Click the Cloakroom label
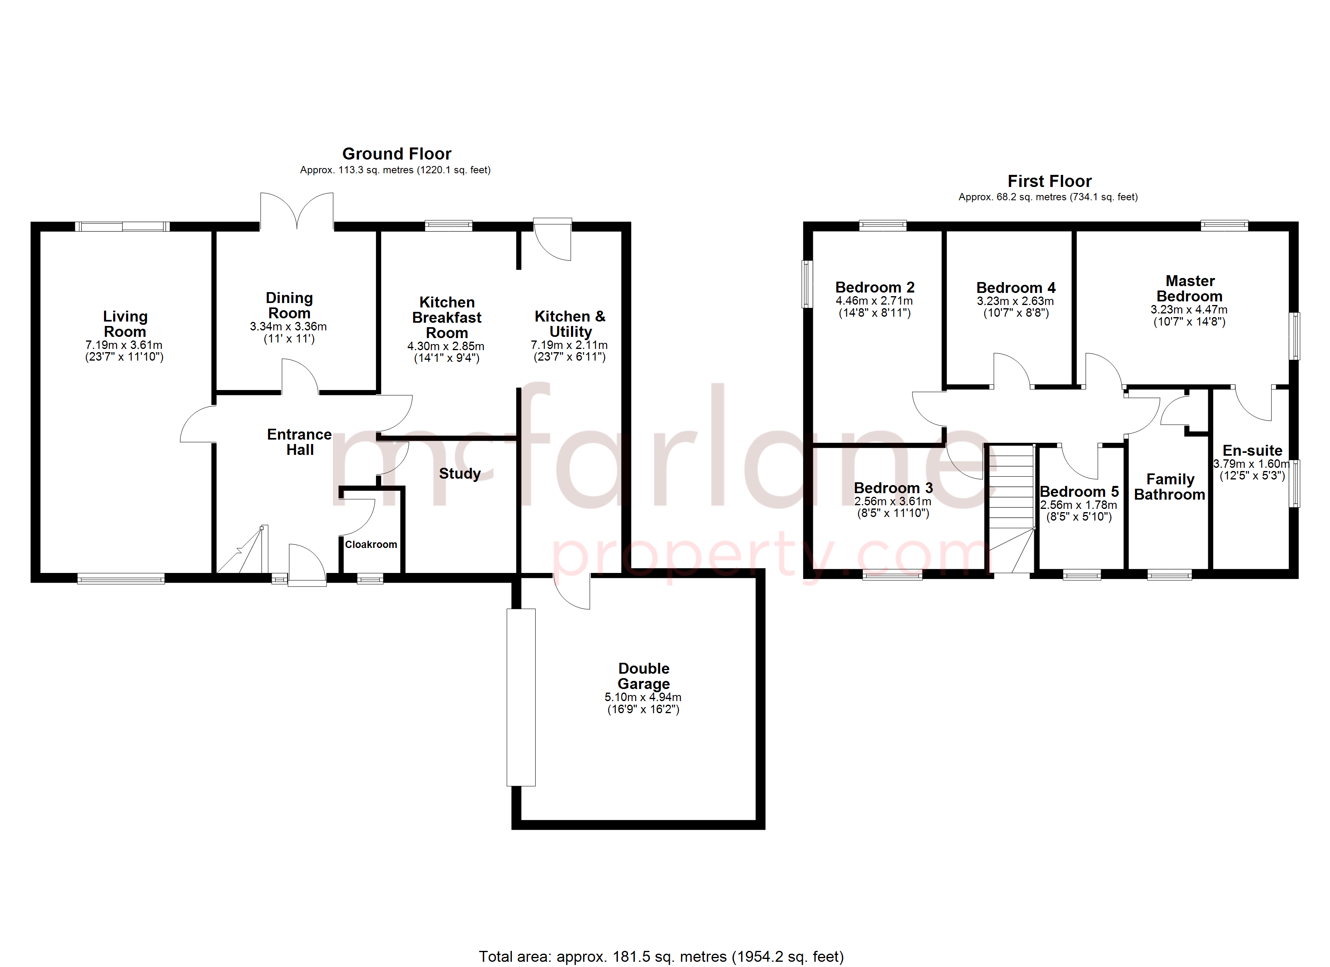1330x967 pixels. pyautogui.click(x=371, y=545)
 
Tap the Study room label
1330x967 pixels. pyautogui.click(x=460, y=473)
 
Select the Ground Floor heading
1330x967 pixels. pyautogui.click(x=397, y=154)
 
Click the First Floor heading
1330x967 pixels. pyautogui.click(x=1049, y=181)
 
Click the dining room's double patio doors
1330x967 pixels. pyautogui.click(x=297, y=211)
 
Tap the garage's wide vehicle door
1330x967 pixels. pyautogui.click(x=521, y=697)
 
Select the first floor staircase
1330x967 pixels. pyautogui.click(x=1011, y=508)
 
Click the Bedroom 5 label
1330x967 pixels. pyautogui.click(x=1079, y=492)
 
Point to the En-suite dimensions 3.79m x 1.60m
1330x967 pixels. pyautogui.click(x=1251, y=464)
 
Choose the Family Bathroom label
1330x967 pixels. pyautogui.click(x=1169, y=487)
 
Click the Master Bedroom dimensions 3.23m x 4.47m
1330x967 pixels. pyautogui.click(x=1189, y=309)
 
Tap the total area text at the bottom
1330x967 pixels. pyautogui.click(x=661, y=957)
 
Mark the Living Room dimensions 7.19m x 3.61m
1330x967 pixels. pyautogui.click(x=124, y=345)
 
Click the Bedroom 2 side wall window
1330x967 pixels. pyautogui.click(x=808, y=284)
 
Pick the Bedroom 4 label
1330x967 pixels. pyautogui.click(x=1016, y=288)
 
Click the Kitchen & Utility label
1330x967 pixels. pyautogui.click(x=570, y=324)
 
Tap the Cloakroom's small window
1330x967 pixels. pyautogui.click(x=370, y=579)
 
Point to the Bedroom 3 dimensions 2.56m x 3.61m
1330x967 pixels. pyautogui.click(x=893, y=501)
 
